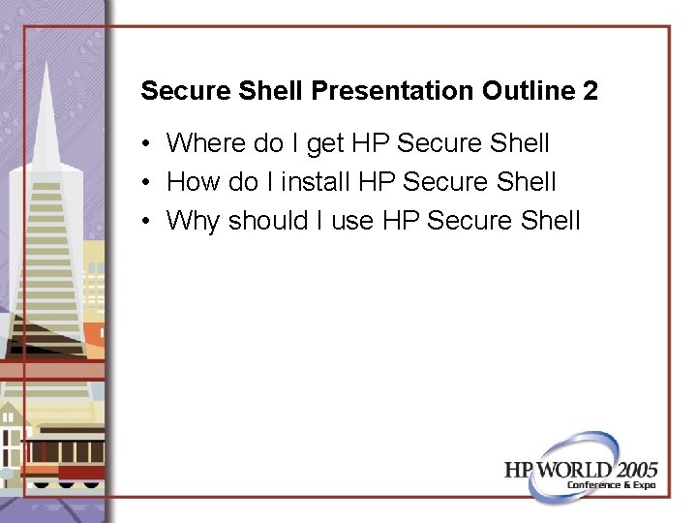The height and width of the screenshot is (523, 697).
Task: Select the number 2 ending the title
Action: coord(591,92)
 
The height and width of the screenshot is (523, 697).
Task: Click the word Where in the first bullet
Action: coord(208,144)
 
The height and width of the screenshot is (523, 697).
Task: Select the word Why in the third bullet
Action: coord(194,221)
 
